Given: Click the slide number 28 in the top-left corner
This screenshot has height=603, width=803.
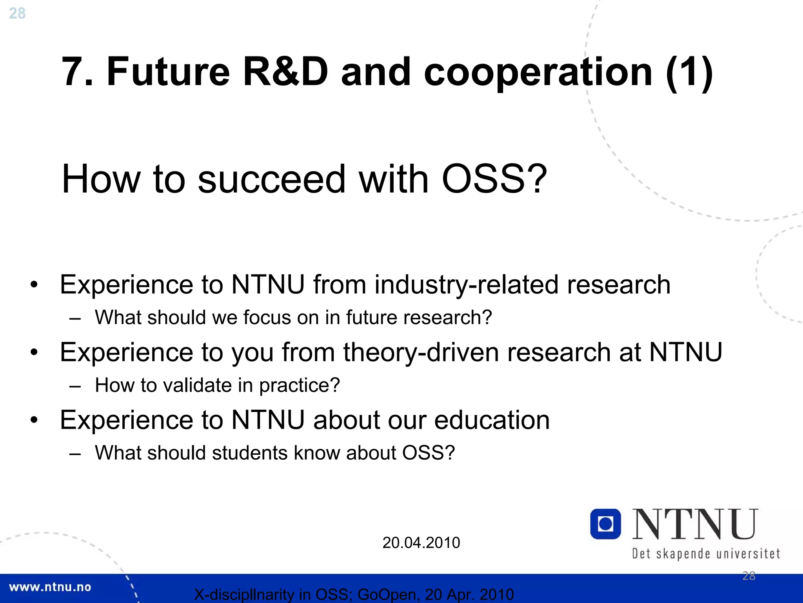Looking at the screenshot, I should coord(17,13).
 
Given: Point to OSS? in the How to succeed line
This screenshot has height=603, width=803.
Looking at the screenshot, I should coord(494,179).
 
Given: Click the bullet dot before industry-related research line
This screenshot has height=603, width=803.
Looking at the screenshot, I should coord(34,284).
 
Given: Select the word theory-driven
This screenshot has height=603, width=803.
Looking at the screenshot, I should coord(421,352).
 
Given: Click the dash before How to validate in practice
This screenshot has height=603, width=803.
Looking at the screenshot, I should coord(74,386).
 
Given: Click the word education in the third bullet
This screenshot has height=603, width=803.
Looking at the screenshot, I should coord(492,420).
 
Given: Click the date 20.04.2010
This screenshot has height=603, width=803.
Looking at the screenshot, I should coord(421,543).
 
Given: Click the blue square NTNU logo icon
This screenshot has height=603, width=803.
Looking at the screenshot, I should coord(605,524).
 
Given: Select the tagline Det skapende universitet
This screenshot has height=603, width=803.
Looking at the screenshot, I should coord(706,554).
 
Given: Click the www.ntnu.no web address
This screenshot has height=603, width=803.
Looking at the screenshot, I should coord(50,587).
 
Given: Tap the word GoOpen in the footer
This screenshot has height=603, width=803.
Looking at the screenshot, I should coord(386,595).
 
